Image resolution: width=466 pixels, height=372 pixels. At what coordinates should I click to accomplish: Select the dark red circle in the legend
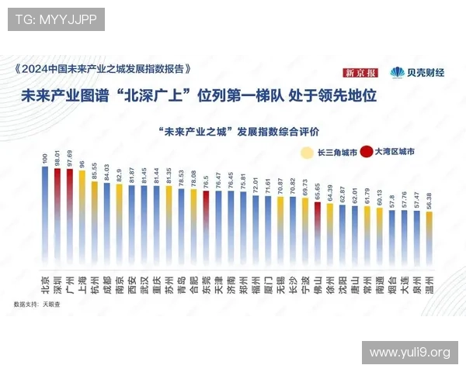click(x=366, y=153)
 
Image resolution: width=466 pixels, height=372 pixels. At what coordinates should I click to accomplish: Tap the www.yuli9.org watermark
click(x=409, y=353)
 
